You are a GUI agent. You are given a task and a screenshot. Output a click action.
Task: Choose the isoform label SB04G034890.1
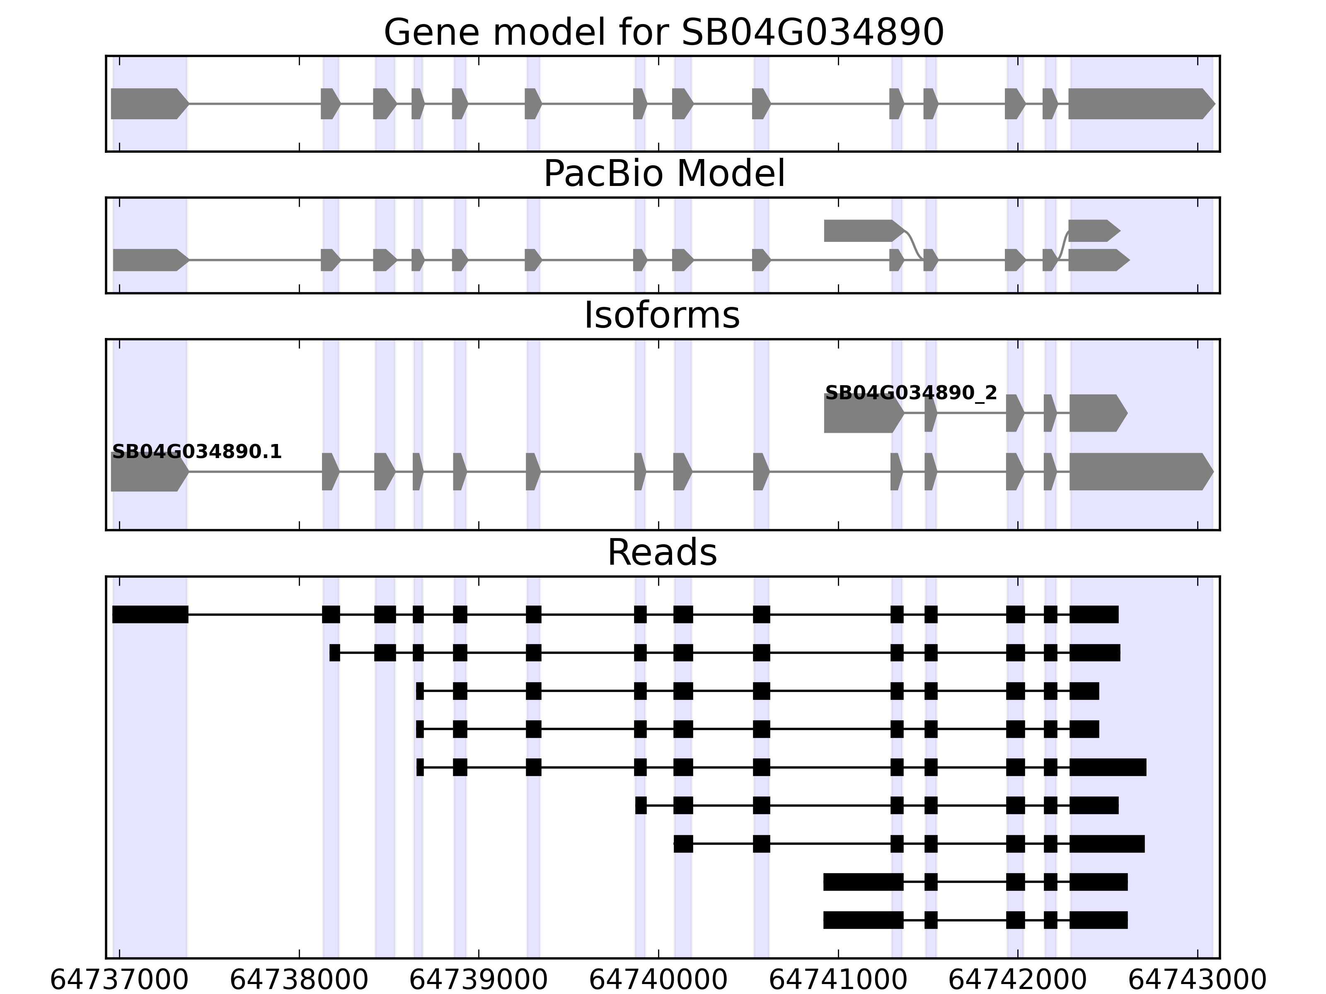click(x=197, y=452)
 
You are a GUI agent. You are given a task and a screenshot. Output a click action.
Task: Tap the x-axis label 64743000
click(x=1197, y=981)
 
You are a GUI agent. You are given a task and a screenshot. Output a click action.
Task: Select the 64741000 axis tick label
click(x=838, y=981)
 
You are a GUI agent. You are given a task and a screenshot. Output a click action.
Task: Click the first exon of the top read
click(x=150, y=614)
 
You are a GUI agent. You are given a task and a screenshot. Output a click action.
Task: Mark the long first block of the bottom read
click(x=863, y=920)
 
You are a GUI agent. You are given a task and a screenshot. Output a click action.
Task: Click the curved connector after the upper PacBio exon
click(x=914, y=244)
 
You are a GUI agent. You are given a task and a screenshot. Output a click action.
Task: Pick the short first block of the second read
click(x=334, y=652)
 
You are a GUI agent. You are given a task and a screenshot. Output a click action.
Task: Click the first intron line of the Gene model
click(x=255, y=104)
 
